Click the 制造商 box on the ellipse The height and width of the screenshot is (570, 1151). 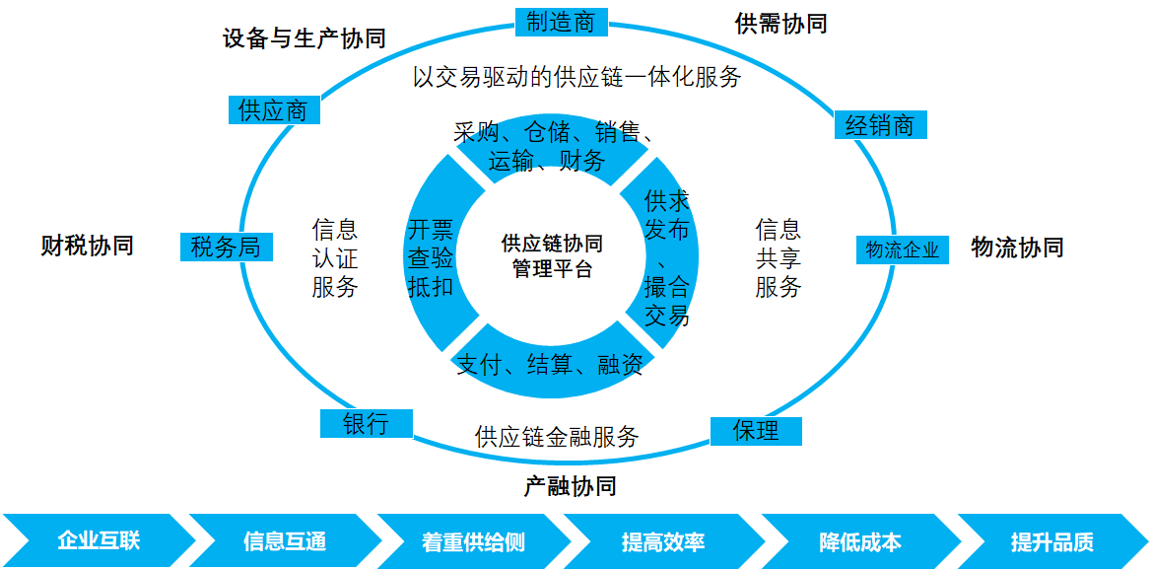point(561,22)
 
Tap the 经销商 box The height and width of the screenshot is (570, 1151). point(880,125)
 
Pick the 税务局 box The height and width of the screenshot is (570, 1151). point(226,247)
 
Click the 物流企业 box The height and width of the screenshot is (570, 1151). point(902,249)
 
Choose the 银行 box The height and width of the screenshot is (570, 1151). point(366,424)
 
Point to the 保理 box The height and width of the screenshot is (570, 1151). point(756,431)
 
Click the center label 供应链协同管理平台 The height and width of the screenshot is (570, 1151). point(552,255)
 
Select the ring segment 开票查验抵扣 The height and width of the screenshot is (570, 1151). point(431,258)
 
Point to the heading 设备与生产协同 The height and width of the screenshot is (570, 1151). point(304,38)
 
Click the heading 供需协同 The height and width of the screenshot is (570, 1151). point(780,24)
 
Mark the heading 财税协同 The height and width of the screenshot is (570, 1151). point(87,246)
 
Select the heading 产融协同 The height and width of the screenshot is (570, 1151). point(570,485)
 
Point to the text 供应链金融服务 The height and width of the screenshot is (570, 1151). point(557,436)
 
